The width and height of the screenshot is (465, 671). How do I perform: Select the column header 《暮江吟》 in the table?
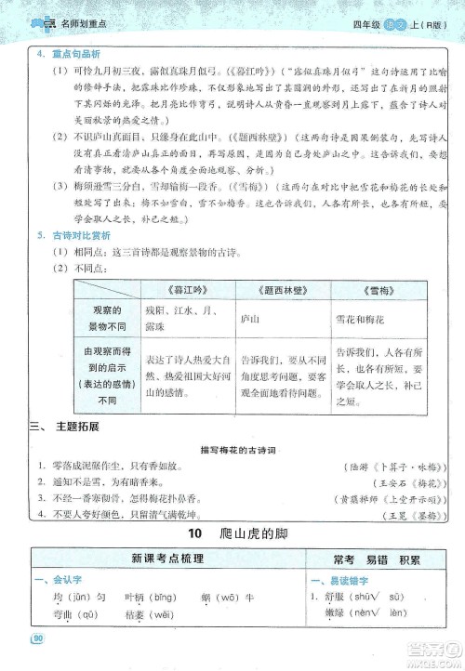(180, 288)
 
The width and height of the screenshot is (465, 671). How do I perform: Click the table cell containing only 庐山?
(250, 318)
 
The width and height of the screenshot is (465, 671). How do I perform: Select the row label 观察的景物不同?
(102, 318)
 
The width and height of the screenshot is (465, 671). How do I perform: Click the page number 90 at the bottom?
(38, 638)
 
